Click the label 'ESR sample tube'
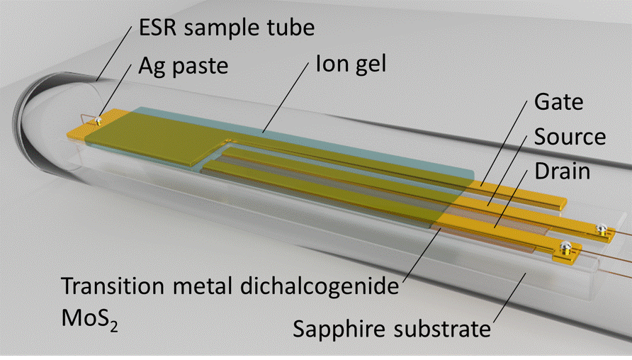(x=227, y=28)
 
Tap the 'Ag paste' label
(x=184, y=65)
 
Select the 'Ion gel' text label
(x=351, y=64)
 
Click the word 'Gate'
(x=558, y=101)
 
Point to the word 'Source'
(x=570, y=136)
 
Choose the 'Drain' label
(x=563, y=171)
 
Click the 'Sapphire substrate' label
(x=392, y=328)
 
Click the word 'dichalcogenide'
(x=320, y=286)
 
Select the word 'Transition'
(x=113, y=286)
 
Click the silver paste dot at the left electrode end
(x=97, y=120)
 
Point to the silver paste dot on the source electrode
(x=601, y=229)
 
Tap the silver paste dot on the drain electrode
(x=566, y=247)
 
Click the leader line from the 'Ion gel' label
(x=286, y=97)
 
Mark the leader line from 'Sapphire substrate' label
(x=509, y=298)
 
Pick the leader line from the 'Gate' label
(x=504, y=144)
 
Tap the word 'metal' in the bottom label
(x=203, y=286)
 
